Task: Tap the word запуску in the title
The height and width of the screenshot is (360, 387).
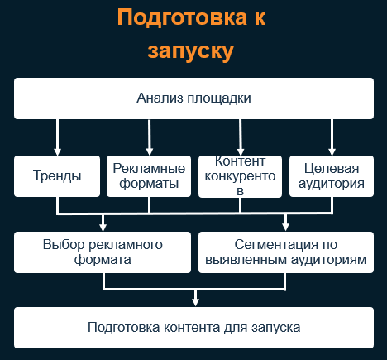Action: (191, 51)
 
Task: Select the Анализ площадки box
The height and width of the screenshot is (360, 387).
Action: (193, 98)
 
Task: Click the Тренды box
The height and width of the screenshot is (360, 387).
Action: (57, 176)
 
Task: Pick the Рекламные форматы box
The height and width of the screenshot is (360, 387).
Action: (149, 176)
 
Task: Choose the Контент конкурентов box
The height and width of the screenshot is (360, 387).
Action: (240, 176)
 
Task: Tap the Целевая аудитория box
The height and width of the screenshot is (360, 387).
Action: (332, 176)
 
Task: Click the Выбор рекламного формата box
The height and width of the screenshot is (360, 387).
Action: (103, 252)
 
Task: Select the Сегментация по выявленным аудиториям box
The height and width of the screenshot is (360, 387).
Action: (286, 252)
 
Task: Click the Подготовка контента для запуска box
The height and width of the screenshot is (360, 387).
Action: (193, 328)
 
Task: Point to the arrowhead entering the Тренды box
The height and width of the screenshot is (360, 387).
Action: (57, 151)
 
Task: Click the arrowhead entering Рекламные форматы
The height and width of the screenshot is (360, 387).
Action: (150, 151)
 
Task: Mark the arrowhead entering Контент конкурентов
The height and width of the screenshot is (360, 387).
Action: (241, 151)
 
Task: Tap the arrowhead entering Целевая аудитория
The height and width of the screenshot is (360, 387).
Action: (332, 151)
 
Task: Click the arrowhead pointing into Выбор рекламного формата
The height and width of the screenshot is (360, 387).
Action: (103, 228)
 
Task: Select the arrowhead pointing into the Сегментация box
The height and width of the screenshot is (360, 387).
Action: (286, 227)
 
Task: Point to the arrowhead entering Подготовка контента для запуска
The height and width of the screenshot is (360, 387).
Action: (195, 302)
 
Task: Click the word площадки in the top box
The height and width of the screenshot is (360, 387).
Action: (219, 98)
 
